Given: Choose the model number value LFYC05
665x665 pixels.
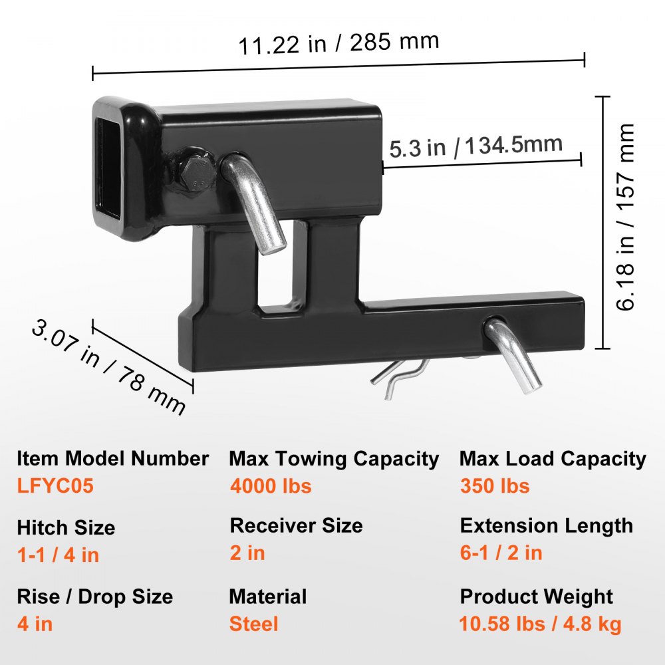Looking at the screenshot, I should tap(56, 486).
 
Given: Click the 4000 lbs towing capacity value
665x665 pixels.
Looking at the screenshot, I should tap(271, 486).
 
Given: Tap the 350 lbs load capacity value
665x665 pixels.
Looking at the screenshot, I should tap(495, 486).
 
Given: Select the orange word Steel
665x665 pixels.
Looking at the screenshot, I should tap(253, 624).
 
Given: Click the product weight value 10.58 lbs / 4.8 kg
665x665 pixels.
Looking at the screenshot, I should tap(540, 624).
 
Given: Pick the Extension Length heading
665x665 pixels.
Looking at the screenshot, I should tap(546, 525).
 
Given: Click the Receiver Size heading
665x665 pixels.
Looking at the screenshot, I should tap(296, 525).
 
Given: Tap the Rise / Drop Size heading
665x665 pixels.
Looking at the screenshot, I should tap(95, 596).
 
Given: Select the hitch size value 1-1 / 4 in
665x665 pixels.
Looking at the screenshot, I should tap(58, 555).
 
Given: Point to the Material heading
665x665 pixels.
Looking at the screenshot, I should tap(268, 596).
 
